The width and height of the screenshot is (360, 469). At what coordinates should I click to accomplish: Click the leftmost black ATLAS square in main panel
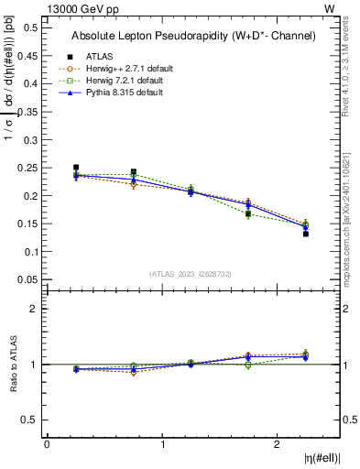(x=76, y=168)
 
